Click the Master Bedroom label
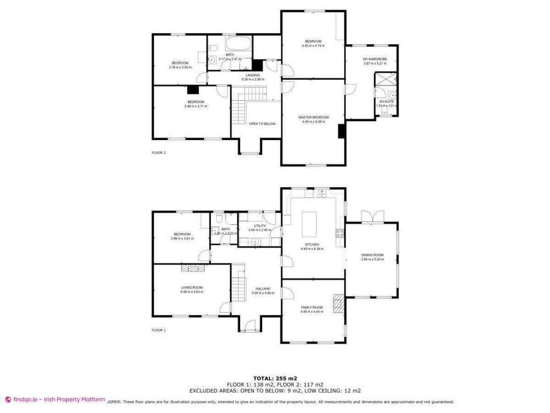tap(313, 117)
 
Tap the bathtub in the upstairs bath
tap(238, 45)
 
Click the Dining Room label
tap(372, 255)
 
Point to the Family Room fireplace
tap(338, 303)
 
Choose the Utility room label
tap(260, 226)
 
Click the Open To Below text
tap(262, 124)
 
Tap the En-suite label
tap(386, 101)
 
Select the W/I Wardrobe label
tap(375, 59)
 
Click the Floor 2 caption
tap(159, 153)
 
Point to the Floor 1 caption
tap(159, 330)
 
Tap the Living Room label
tap(192, 288)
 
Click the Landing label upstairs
tap(253, 75)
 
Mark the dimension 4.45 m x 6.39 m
tap(312, 249)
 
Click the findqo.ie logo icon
tap(8, 399)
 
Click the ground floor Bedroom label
tap(182, 234)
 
